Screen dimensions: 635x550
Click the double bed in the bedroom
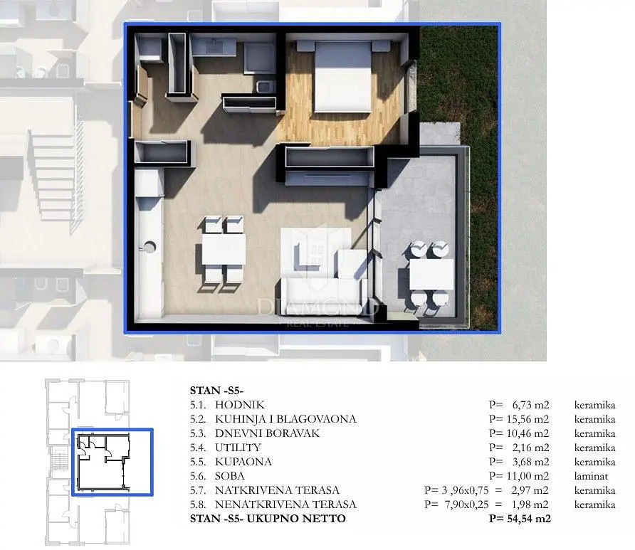[x=343, y=76]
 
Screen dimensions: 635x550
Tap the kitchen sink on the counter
[x=149, y=246]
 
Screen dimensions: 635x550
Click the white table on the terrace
[x=431, y=275]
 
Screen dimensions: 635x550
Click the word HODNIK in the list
[x=240, y=405]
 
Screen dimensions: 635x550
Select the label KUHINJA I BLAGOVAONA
[x=285, y=419]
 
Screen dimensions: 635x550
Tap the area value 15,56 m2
[x=528, y=419]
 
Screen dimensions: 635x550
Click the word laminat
[x=591, y=476]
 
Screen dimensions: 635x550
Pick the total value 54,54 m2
[x=529, y=519]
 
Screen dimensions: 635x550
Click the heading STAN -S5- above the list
[x=216, y=391]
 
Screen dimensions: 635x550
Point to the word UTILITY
[x=238, y=448]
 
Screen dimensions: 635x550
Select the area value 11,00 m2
[x=528, y=476]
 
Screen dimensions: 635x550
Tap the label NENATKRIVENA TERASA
[x=285, y=504]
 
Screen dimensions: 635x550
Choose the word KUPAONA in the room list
[x=243, y=462]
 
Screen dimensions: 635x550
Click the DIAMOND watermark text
[x=318, y=307]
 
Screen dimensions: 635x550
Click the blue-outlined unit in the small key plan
[x=112, y=462]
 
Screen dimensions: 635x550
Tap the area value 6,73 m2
[x=530, y=405]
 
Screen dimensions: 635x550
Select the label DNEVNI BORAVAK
[x=267, y=433]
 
